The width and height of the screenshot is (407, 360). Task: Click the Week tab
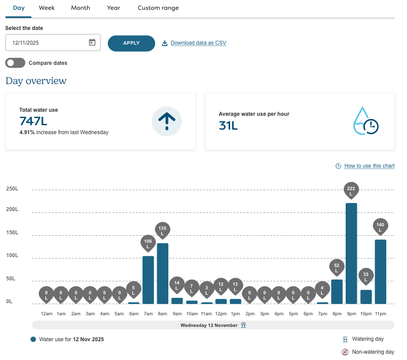[x=47, y=8]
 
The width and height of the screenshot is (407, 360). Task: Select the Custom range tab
[x=158, y=8]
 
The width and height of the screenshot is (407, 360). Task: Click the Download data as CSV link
[x=198, y=43]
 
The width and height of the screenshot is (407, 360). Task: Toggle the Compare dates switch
[x=15, y=63]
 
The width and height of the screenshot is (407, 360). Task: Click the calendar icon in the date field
[x=92, y=43]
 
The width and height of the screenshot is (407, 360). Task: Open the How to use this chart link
[x=369, y=166]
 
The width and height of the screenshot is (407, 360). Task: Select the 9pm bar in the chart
[x=351, y=254]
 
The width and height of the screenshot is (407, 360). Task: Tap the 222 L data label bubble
[x=351, y=190]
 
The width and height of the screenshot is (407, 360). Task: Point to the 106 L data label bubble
[x=148, y=243]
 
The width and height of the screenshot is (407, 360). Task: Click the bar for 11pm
[x=380, y=272]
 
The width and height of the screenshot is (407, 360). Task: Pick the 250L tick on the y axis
[x=13, y=189]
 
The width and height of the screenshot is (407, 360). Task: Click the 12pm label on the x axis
[x=221, y=314]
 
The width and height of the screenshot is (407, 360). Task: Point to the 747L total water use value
[x=33, y=121]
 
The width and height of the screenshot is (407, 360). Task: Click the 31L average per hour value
[x=228, y=126]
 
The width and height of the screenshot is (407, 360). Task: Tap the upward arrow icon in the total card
[x=167, y=121]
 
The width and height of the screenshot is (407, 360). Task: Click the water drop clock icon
[x=366, y=121]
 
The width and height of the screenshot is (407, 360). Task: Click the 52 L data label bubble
[x=337, y=267]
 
